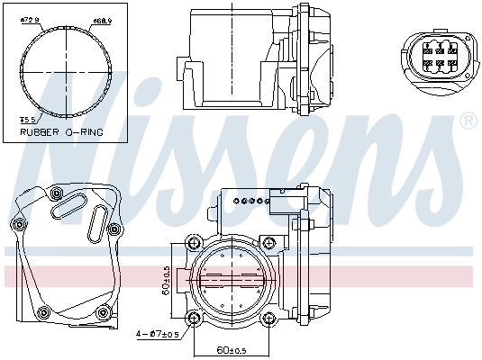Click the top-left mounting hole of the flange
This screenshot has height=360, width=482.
click(x=194, y=243)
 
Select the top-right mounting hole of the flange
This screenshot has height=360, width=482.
click(x=268, y=243)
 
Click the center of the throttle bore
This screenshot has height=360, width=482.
click(x=231, y=281)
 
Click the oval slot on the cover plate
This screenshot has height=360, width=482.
click(x=68, y=209)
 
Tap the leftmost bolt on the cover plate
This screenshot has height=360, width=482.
click(x=17, y=223)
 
